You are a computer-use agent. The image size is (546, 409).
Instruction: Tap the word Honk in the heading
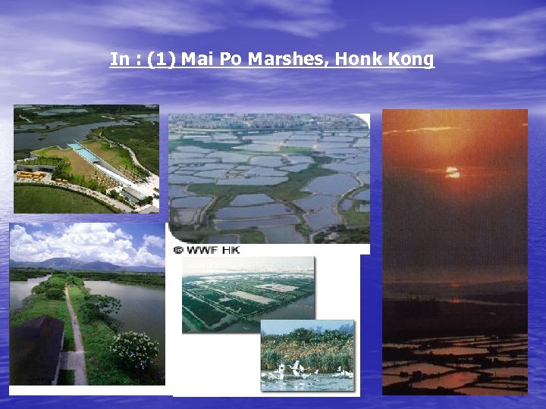pos(356,59)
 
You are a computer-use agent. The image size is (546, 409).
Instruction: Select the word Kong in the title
pos(409,59)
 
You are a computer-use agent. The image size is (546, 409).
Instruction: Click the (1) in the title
pos(162,59)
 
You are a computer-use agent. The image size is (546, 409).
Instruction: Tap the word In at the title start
pos(119,59)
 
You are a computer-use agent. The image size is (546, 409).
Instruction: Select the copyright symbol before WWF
pos(177,249)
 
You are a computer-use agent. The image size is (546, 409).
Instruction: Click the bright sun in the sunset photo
pos(453,173)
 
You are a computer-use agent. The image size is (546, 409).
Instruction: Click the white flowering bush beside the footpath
pos(133,350)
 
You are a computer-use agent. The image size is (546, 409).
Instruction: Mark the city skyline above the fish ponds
pos(265,121)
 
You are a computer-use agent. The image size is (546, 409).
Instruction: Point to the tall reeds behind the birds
pos(307,348)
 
